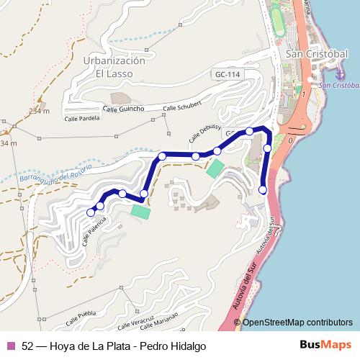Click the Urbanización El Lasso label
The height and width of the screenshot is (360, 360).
pyautogui.click(x=114, y=67)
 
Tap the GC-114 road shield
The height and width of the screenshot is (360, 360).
pyautogui.click(x=226, y=75)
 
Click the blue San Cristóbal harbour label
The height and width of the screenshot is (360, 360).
pyautogui.click(x=339, y=84)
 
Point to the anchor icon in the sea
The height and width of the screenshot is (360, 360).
pyautogui.click(x=341, y=73)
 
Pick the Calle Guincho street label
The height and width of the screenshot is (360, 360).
pyautogui.click(x=123, y=109)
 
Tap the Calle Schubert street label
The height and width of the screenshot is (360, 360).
pyautogui.click(x=180, y=108)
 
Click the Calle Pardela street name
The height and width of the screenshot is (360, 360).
pyautogui.click(x=81, y=119)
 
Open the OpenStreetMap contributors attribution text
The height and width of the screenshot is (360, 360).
pyautogui.click(x=297, y=323)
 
